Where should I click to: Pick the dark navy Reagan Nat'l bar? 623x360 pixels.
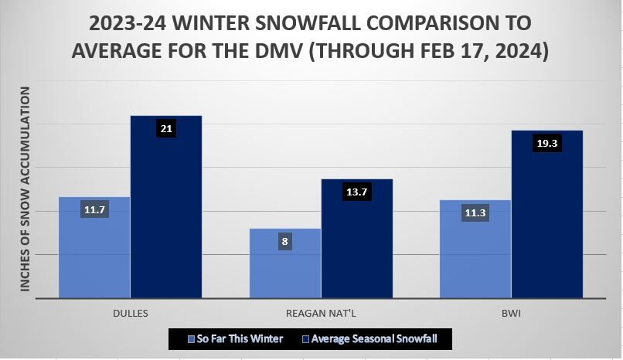[x=356, y=247]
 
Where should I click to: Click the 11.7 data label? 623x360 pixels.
[x=94, y=209]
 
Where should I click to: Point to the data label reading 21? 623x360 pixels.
[x=165, y=128]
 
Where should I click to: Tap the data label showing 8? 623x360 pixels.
[x=284, y=242]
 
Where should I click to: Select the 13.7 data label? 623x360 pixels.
[x=356, y=192]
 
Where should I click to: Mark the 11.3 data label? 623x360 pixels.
[x=475, y=213]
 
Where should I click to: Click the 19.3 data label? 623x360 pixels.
[x=546, y=143]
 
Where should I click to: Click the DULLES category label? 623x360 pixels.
[x=130, y=314]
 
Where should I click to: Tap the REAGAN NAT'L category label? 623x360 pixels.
[x=321, y=314]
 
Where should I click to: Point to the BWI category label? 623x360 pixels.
[x=511, y=314]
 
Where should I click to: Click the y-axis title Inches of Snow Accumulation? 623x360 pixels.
[x=25, y=189]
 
